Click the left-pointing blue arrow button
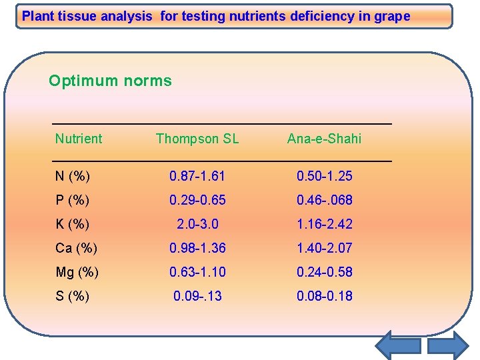coord(397,345)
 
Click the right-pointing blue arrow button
coord(448,345)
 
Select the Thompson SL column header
coord(197,139)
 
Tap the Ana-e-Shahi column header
coord(324,139)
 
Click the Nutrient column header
coord(79,139)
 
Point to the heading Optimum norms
coord(110,81)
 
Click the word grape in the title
coord(393,16)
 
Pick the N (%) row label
coord(73,176)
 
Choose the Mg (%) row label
coord(77,272)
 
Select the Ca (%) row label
coord(76,248)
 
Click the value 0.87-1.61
coord(197,176)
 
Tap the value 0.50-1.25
coord(324,176)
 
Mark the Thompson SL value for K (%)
coord(197,224)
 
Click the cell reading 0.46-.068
coord(324,200)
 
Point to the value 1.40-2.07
coord(324,248)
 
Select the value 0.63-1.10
coord(197,272)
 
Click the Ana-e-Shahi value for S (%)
coord(324,296)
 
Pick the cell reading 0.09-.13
coord(197,296)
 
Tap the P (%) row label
coord(73,200)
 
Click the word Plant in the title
coord(37,16)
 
